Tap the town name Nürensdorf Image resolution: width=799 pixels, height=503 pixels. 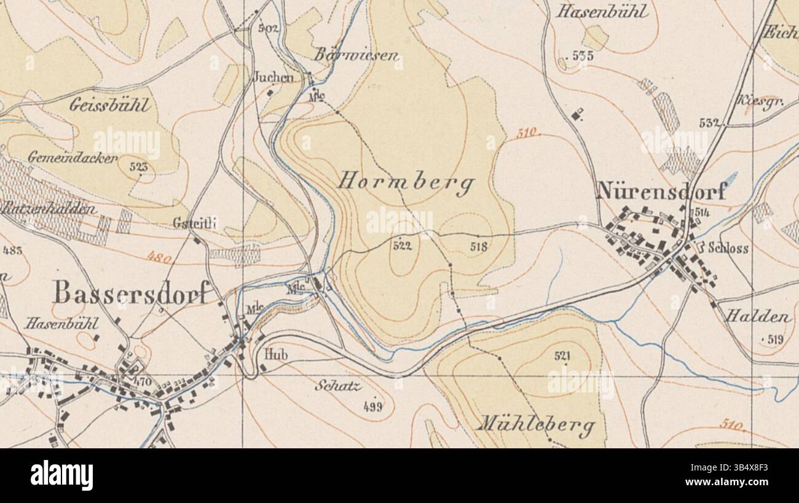tap(661, 192)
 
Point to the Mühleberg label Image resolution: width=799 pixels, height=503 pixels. tap(537, 424)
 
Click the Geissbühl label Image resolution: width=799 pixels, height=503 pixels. tap(109, 105)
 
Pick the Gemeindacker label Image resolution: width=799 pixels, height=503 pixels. tap(72, 158)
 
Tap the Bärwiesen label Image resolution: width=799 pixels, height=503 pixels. tap(357, 55)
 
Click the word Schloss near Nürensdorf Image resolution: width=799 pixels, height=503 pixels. tap(728, 249)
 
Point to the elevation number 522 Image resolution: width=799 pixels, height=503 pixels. tap(402, 246)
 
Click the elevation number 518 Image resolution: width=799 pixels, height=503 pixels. tap(478, 247)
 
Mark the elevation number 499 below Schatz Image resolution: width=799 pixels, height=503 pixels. tap(373, 405)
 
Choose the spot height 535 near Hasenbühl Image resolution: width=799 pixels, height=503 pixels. tap(583, 56)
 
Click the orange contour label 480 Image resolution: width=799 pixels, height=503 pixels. tap(159, 258)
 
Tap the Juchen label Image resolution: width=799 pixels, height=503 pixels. tap(274, 77)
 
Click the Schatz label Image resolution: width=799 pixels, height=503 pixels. tap(337, 386)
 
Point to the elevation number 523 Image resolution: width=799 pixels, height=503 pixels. tap(139, 166)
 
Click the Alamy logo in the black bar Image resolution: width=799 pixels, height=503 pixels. tap(61, 475)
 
